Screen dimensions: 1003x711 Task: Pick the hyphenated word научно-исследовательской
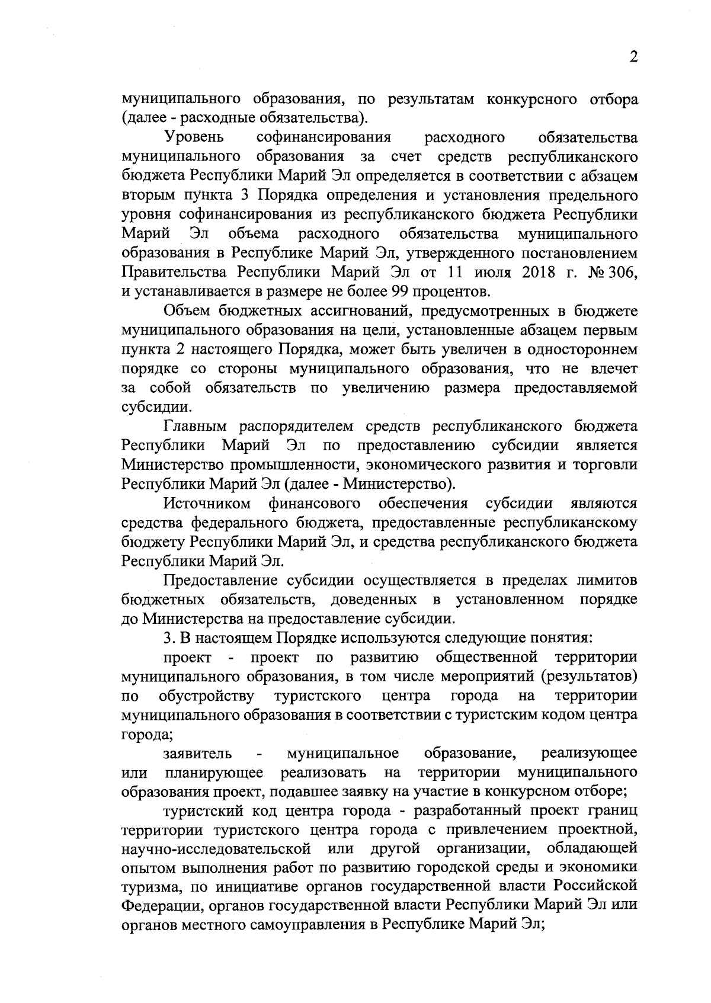pos(216,848)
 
